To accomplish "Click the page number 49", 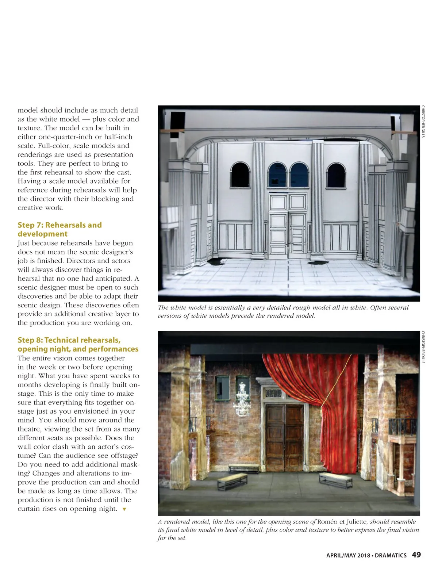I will pos(416,555).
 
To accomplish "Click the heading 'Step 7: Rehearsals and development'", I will pos(59,229).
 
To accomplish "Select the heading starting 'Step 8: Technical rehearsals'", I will pos(78,344).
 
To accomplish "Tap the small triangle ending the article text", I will pos(124,509).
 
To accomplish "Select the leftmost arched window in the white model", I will pos(240,175).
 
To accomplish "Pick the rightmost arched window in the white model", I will pos(336,175).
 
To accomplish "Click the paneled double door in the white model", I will pos(288,225).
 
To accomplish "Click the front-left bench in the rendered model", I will pos(232,481).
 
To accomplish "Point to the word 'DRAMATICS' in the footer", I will pos(391,555).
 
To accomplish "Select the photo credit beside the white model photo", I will pos(423,122).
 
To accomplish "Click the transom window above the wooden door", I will pos(273,394).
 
